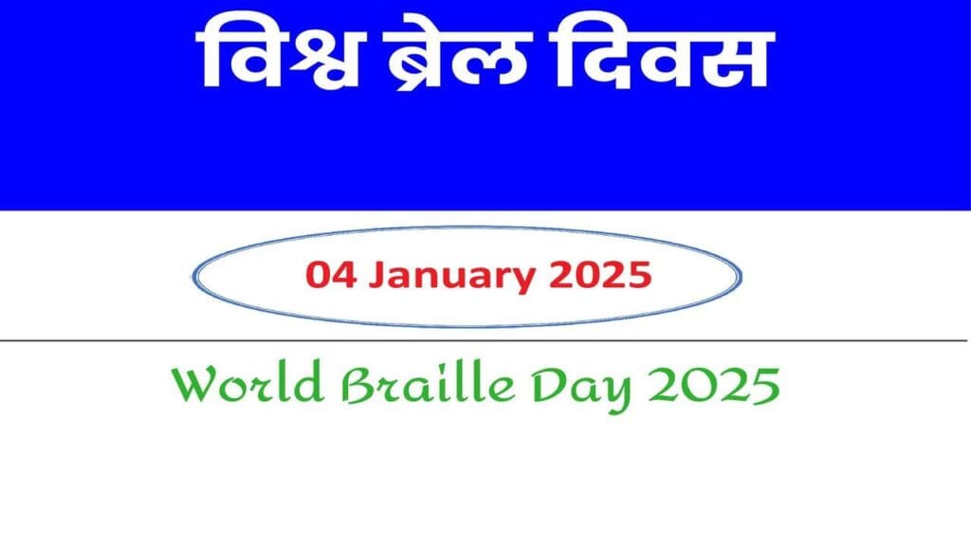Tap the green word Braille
click(421, 386)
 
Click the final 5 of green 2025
click(766, 386)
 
